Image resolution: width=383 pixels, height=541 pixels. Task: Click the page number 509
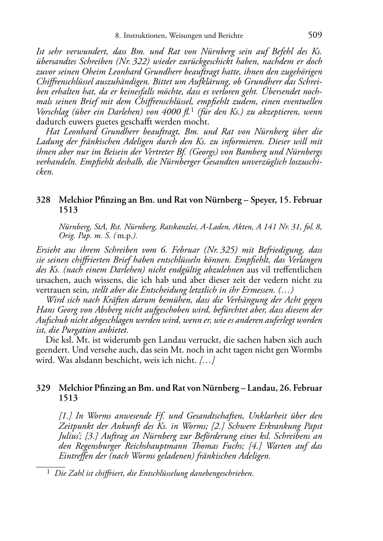315,35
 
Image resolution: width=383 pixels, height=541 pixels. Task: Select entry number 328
43,200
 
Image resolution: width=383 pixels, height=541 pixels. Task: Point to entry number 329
43,388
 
